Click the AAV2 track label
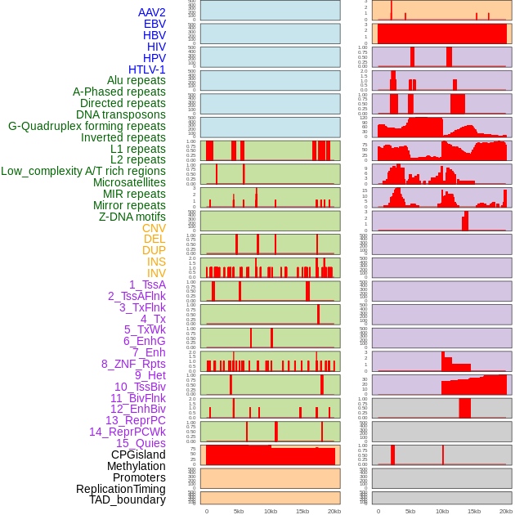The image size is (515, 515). [x=152, y=12]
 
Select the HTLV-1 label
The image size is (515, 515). [x=146, y=69]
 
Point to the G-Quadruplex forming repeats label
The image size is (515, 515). [x=87, y=126]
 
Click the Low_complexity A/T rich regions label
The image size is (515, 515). [x=83, y=171]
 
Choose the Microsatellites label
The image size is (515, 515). [x=129, y=182]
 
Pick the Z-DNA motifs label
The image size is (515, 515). [x=132, y=217]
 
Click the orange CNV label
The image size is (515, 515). [x=154, y=228]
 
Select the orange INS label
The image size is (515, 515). [x=156, y=262]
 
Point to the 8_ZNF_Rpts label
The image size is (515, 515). [x=133, y=364]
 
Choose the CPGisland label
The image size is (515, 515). [x=138, y=455]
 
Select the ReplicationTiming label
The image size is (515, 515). [x=120, y=489]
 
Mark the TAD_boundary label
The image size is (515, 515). [x=127, y=499]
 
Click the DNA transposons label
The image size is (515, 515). [x=121, y=114]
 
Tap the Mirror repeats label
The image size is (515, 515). [x=128, y=205]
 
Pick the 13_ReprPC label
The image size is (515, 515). [x=135, y=420]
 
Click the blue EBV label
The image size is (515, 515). [x=154, y=24]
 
